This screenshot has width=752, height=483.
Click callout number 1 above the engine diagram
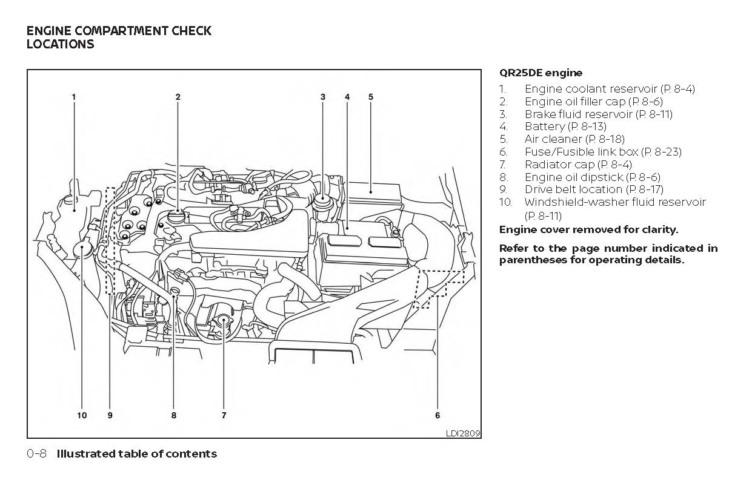(x=74, y=96)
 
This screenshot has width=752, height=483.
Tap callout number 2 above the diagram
(x=178, y=96)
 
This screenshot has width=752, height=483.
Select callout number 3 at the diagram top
(x=323, y=96)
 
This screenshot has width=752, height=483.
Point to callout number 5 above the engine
(x=370, y=96)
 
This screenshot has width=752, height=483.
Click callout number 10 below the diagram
(x=82, y=415)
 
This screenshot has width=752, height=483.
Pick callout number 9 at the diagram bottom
(x=110, y=415)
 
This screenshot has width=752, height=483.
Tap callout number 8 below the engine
(x=174, y=415)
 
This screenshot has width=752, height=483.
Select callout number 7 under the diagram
(x=224, y=415)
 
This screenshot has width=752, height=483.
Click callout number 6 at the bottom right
(x=438, y=415)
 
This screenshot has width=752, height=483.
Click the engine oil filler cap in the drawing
(x=176, y=217)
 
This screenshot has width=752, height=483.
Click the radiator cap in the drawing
(x=223, y=321)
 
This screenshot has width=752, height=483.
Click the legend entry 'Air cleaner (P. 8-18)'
(x=574, y=139)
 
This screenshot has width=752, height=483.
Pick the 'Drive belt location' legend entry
(x=593, y=189)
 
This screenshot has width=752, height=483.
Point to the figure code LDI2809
(x=462, y=433)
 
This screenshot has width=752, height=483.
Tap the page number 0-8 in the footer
(x=37, y=454)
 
